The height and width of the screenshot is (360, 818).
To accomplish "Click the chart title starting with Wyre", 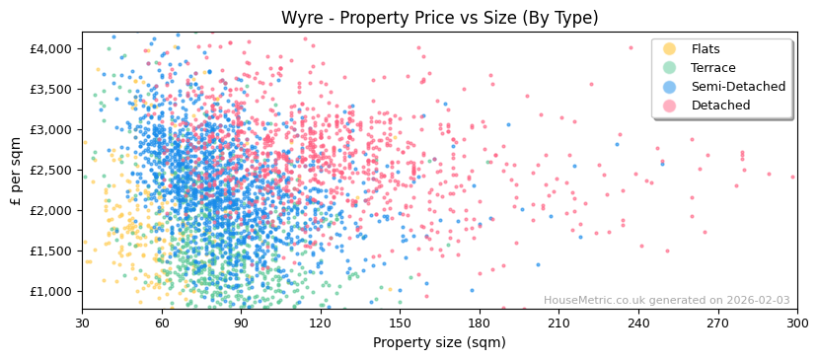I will coord(439,18).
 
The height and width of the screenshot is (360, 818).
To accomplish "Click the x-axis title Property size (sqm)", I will coord(439,343).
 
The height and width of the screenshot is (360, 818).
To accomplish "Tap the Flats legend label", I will coord(706,49).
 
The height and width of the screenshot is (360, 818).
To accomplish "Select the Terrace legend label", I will coord(712,68).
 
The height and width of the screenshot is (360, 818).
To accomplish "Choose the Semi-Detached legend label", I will coord(738,87).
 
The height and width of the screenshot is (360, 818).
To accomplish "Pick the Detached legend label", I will coord(720,106).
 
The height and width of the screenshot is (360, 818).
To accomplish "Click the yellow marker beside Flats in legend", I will coord(670,49).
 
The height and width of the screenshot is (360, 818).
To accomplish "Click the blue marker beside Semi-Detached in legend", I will coord(670,87).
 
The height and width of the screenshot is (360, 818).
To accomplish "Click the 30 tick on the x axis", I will coord(83,323).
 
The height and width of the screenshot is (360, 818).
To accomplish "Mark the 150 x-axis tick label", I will coord(400,323).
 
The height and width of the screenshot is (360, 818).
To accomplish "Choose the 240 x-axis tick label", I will coord(638,323).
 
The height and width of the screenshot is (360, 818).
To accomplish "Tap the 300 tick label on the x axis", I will coord(796,323).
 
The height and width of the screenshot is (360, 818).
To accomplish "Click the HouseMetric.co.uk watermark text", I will coord(666,301).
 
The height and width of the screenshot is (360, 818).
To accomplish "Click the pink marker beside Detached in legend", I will coord(670,106).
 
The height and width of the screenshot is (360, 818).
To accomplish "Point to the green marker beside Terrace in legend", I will coord(670,68).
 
